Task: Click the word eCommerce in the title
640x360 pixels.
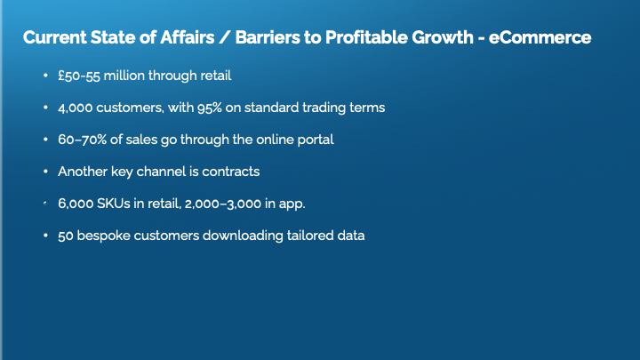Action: (x=540, y=37)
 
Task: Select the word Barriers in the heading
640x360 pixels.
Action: (x=267, y=37)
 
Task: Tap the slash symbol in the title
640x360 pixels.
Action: (x=225, y=37)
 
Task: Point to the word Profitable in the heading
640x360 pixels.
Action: (x=366, y=37)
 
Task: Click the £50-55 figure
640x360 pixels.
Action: (x=79, y=76)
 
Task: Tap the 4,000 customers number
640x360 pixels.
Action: (x=75, y=108)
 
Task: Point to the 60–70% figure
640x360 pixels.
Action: (x=82, y=140)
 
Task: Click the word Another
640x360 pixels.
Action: (x=83, y=172)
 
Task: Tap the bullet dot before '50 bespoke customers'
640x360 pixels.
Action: (x=45, y=235)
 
